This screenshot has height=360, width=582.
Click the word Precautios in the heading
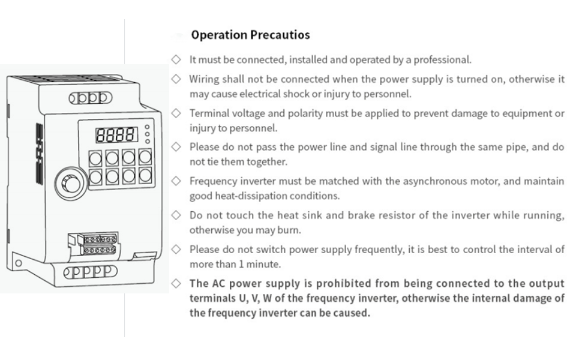pyautogui.click(x=280, y=35)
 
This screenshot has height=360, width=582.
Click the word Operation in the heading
pyautogui.click(x=220, y=35)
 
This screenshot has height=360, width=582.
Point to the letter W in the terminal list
pyautogui.click(x=267, y=298)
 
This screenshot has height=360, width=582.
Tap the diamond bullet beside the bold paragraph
pyautogui.click(x=176, y=284)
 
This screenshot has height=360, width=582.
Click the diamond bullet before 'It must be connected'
pyautogui.click(x=176, y=59)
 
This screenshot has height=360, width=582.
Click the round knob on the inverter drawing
pyautogui.click(x=71, y=184)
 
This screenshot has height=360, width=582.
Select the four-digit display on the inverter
pyautogui.click(x=116, y=135)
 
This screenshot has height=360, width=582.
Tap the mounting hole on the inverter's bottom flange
pyautogui.click(x=18, y=263)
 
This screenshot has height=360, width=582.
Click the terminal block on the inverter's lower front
pyautogui.click(x=99, y=244)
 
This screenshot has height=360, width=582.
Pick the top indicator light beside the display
pyautogui.click(x=148, y=127)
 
